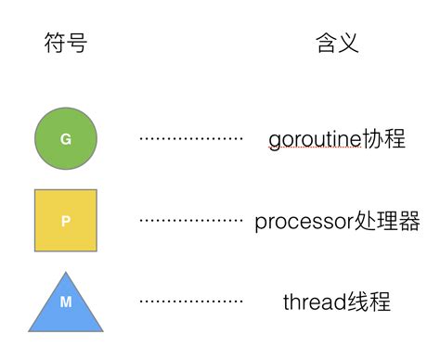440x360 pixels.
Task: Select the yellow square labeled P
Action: pyautogui.click(x=65, y=221)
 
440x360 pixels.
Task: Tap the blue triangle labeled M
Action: pyautogui.click(x=65, y=306)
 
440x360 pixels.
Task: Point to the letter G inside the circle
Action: pyautogui.click(x=66, y=139)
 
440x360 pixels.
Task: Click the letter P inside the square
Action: pyautogui.click(x=65, y=222)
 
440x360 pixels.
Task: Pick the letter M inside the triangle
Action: pyautogui.click(x=65, y=302)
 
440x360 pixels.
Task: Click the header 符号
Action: pyautogui.click(x=66, y=43)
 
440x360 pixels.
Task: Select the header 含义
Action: pyautogui.click(x=337, y=43)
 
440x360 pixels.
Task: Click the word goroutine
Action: pyautogui.click(x=314, y=140)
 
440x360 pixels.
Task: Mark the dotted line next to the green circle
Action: pyautogui.click(x=190, y=139)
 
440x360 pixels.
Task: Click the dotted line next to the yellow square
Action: pyautogui.click(x=190, y=221)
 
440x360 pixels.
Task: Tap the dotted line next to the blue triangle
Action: pyautogui.click(x=190, y=302)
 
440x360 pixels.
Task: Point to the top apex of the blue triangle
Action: pyautogui.click(x=65, y=273)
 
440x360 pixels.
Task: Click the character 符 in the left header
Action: pyautogui.click(x=55, y=43)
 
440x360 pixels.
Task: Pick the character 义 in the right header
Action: pyautogui.click(x=348, y=43)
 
